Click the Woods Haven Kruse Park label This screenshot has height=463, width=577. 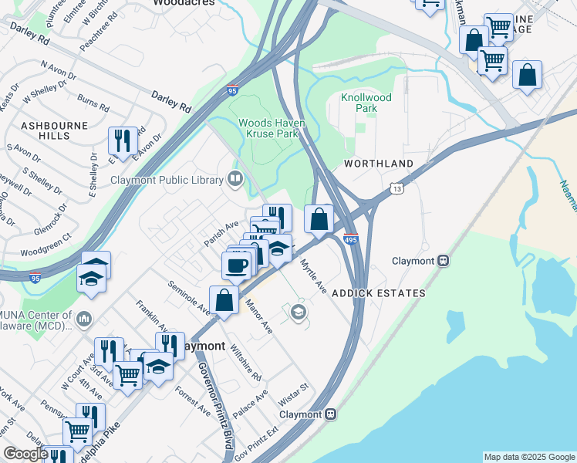[x=272, y=128]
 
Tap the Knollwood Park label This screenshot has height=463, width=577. [x=366, y=103]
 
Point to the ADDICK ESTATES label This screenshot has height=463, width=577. [x=378, y=293]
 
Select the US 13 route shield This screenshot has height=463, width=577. [x=396, y=188]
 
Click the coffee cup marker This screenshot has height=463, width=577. [x=236, y=265]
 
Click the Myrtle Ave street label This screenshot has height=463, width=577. [x=313, y=275]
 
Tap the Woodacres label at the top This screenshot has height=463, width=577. [x=183, y=3]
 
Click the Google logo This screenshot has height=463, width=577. [x=25, y=454]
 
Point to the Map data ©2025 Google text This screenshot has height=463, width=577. [x=528, y=457]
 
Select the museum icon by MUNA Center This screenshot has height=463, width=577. [x=84, y=319]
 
